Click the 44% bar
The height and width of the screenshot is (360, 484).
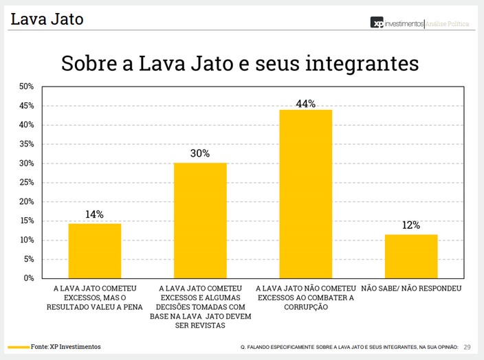click(305, 194)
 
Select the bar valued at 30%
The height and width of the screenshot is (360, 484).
click(200, 220)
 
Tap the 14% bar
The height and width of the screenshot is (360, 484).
click(95, 251)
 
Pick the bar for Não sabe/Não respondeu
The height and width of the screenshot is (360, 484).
click(411, 256)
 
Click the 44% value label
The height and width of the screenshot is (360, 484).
click(305, 104)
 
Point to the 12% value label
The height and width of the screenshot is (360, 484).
click(411, 225)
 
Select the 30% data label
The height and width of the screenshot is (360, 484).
click(200, 154)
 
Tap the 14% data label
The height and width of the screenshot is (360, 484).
click(95, 214)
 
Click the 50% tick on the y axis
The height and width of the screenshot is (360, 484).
click(27, 87)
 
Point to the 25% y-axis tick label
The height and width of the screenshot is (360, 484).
click(27, 183)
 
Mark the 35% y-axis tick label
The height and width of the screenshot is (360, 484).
click(27, 144)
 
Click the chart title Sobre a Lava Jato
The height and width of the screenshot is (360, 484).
click(240, 63)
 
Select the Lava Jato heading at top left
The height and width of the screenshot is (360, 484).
click(47, 19)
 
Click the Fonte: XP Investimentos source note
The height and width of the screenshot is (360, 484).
click(65, 347)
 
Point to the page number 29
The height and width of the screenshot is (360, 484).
click(467, 347)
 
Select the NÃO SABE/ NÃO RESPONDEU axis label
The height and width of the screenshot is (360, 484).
click(411, 289)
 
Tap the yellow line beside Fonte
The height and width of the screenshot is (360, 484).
click(19, 347)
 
